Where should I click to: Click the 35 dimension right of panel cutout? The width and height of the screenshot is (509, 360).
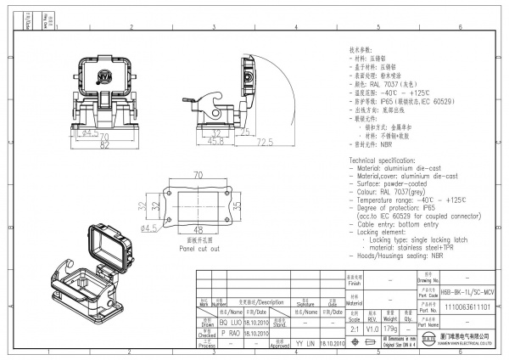(239, 205)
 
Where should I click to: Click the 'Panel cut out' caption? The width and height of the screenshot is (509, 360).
(198, 249)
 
